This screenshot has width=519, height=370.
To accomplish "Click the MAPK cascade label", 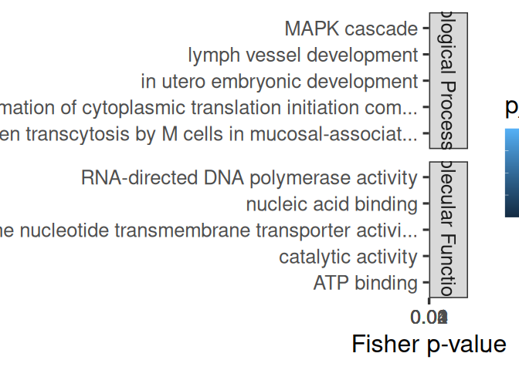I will tap(351, 29).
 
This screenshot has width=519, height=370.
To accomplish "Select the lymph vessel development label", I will tap(302, 55).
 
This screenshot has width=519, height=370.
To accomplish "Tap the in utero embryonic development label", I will tap(279, 82).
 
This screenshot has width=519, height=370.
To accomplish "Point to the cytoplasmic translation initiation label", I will tap(209, 108).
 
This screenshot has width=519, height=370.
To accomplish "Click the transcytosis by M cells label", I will tap(209, 134).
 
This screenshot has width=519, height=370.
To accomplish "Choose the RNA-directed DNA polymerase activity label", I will tap(249, 178).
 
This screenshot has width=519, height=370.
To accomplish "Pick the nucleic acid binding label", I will tap(331, 204).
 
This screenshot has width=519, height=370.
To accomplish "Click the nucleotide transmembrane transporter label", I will tap(209, 230).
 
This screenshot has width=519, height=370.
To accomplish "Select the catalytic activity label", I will tap(348, 257).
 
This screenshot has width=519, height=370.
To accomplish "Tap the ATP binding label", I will tap(365, 283).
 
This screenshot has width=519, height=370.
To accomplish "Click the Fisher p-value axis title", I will tap(429, 344).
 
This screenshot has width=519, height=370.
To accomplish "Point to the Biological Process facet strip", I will tap(448, 80).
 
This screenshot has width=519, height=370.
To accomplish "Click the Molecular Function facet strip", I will tap(448, 230).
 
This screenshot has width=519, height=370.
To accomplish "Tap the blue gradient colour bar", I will tap(511, 173).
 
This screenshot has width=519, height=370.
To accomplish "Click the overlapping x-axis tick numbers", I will tap(430, 317).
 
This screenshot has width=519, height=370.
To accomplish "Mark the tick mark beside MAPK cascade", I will tap(425, 29).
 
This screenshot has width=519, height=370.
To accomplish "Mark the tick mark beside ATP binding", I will tap(425, 283).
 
